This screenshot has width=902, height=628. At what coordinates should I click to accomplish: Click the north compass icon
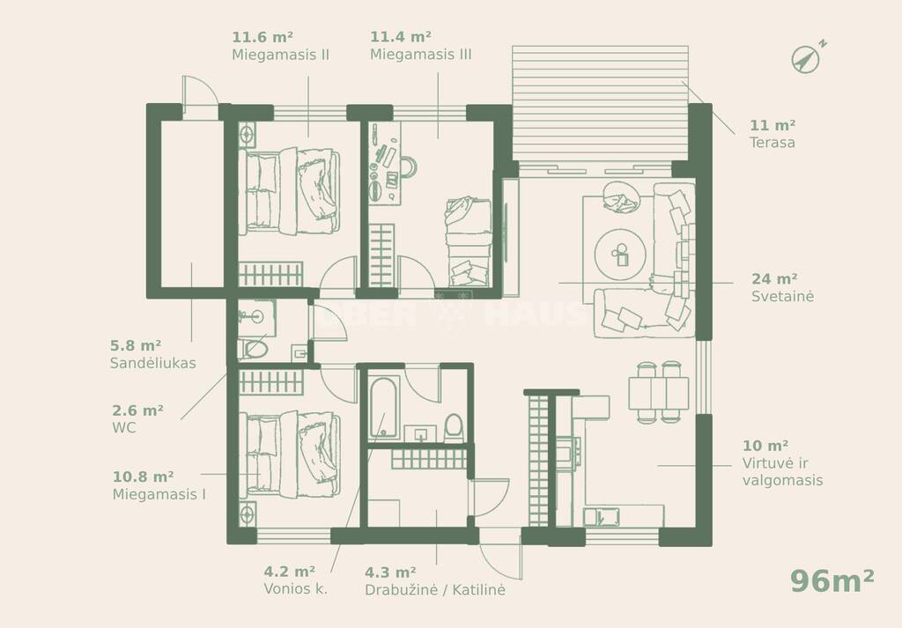[x=808, y=57]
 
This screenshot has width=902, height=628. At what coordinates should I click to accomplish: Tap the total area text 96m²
[x=832, y=580]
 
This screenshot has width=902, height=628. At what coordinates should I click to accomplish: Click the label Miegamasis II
[x=281, y=55]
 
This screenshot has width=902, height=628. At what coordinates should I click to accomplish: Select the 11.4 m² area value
[x=401, y=37]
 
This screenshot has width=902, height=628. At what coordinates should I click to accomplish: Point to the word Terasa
[x=772, y=143]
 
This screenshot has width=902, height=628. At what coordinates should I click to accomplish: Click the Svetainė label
[x=782, y=296]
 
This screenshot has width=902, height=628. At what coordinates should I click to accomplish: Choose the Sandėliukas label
[x=153, y=363]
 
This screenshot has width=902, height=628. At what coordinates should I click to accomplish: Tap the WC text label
[x=123, y=428]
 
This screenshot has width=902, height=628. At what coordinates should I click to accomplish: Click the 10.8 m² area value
[x=144, y=477]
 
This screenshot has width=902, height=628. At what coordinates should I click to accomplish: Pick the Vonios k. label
[x=296, y=589]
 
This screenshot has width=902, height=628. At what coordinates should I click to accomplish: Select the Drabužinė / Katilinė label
[x=435, y=589]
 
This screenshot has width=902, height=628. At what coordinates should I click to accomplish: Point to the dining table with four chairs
[x=659, y=393]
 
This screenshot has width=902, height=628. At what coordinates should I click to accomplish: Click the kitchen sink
[x=601, y=516]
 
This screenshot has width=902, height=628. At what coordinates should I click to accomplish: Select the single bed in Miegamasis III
[x=469, y=241]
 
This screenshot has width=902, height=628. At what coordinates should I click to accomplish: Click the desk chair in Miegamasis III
[x=409, y=166]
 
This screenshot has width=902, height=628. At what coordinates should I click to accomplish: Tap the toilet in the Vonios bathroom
[x=454, y=428]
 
